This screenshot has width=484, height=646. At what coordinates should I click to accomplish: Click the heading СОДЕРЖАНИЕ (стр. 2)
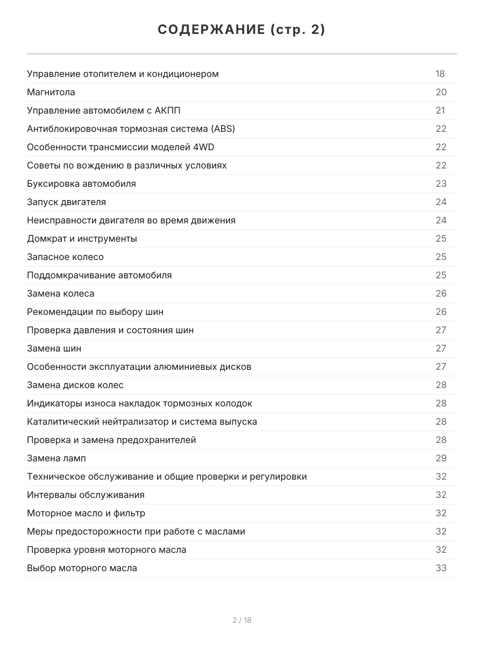click(241, 30)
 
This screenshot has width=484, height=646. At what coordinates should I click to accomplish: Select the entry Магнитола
click(51, 92)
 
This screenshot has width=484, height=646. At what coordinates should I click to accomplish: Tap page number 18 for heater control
click(440, 74)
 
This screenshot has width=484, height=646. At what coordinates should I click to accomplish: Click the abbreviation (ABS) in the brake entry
click(223, 129)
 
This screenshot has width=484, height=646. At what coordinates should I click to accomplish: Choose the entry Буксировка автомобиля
click(81, 184)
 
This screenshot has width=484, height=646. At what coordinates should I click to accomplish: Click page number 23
click(441, 184)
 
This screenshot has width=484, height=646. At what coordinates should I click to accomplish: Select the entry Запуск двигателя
click(66, 202)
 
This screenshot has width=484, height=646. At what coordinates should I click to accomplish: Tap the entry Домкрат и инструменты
click(82, 238)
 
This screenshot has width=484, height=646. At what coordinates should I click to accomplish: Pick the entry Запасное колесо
click(65, 257)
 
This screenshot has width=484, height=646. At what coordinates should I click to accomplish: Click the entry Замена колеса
click(60, 293)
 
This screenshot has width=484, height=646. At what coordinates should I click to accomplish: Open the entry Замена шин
click(54, 348)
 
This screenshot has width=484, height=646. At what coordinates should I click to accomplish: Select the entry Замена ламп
click(56, 458)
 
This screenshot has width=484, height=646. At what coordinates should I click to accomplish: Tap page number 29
click(441, 458)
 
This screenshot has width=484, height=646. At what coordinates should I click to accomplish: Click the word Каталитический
click(60, 422)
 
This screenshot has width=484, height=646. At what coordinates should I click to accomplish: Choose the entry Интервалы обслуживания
click(86, 495)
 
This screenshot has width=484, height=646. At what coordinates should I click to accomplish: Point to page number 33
click(441, 568)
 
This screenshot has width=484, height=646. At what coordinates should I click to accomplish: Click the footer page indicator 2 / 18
click(242, 620)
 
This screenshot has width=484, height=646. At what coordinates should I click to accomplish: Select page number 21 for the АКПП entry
click(440, 110)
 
